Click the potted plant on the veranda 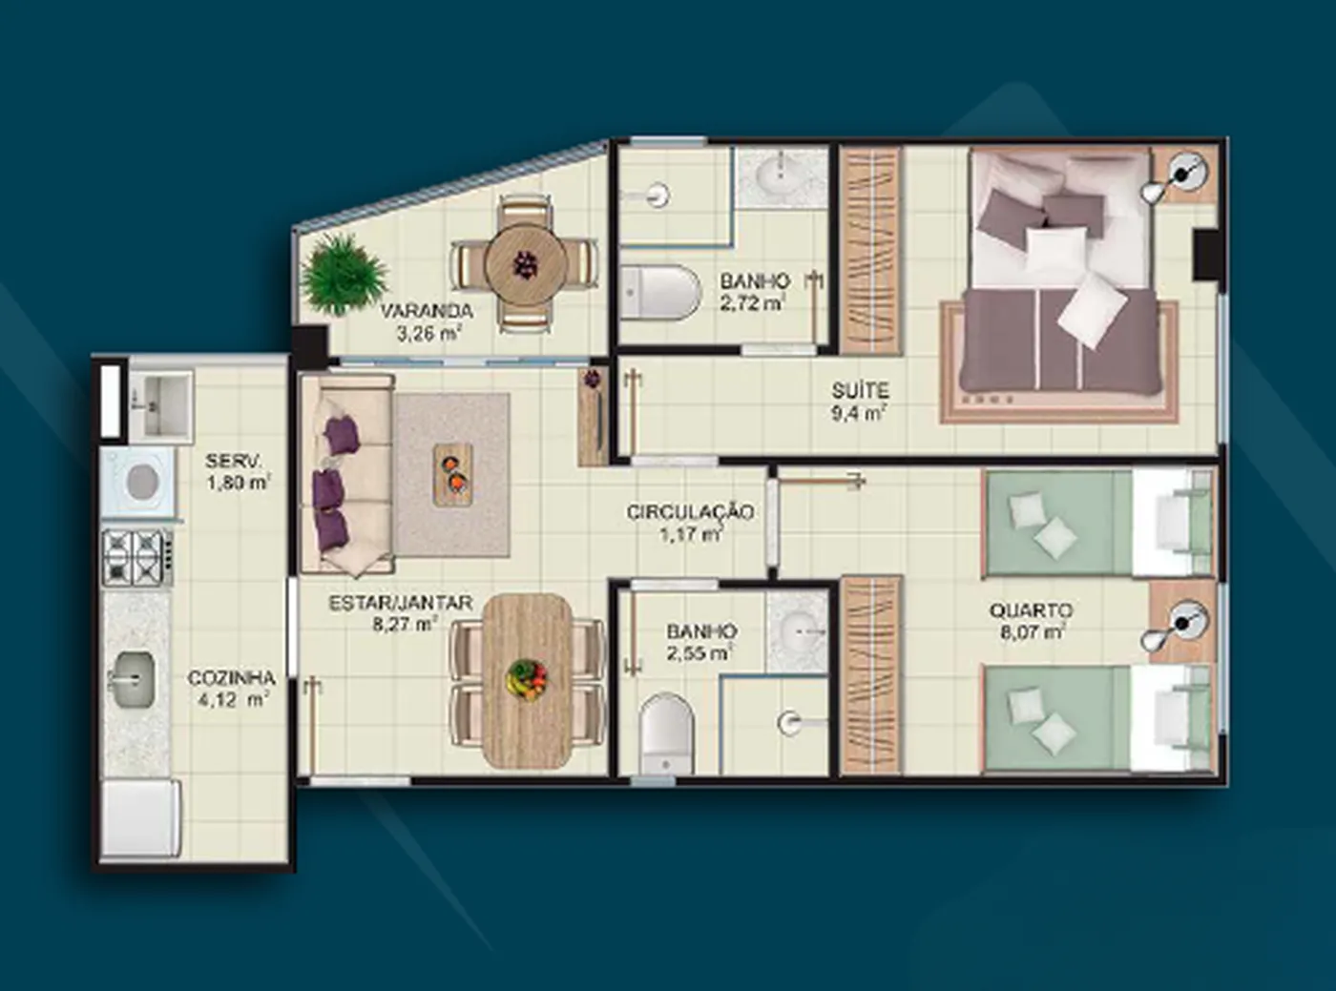point(344,275)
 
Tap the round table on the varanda point(527,264)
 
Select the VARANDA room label point(427,311)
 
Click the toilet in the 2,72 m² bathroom point(660,293)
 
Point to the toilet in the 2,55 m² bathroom point(666,733)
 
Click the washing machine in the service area point(139,482)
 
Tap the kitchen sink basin point(133,680)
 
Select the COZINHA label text point(231,678)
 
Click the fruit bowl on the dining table point(527,679)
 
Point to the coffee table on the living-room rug point(453,474)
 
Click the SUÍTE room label point(860,391)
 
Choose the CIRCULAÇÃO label point(690,512)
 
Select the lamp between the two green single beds point(1179,628)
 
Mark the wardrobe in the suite point(870,250)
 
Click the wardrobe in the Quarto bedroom point(871,675)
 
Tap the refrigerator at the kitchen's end point(141,818)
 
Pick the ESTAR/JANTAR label point(401,603)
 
